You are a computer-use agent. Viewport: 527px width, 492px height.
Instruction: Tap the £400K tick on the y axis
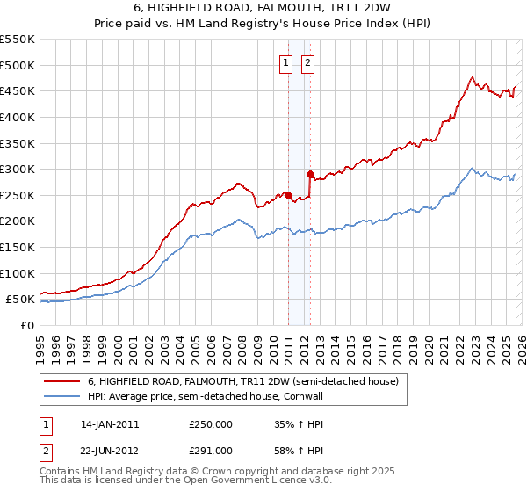(x=18, y=117)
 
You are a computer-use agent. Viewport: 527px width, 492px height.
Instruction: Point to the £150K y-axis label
(x=18, y=247)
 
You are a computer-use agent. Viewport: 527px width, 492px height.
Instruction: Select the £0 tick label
(x=26, y=325)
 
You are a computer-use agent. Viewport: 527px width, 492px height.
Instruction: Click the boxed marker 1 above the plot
(x=286, y=62)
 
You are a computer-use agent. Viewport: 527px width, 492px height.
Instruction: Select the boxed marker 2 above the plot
(x=308, y=62)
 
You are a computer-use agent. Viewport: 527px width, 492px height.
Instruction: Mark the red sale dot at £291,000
(x=310, y=174)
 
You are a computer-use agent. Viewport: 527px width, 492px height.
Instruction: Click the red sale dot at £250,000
(x=288, y=195)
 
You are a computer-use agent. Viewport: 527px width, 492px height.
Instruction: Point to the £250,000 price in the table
(x=211, y=423)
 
